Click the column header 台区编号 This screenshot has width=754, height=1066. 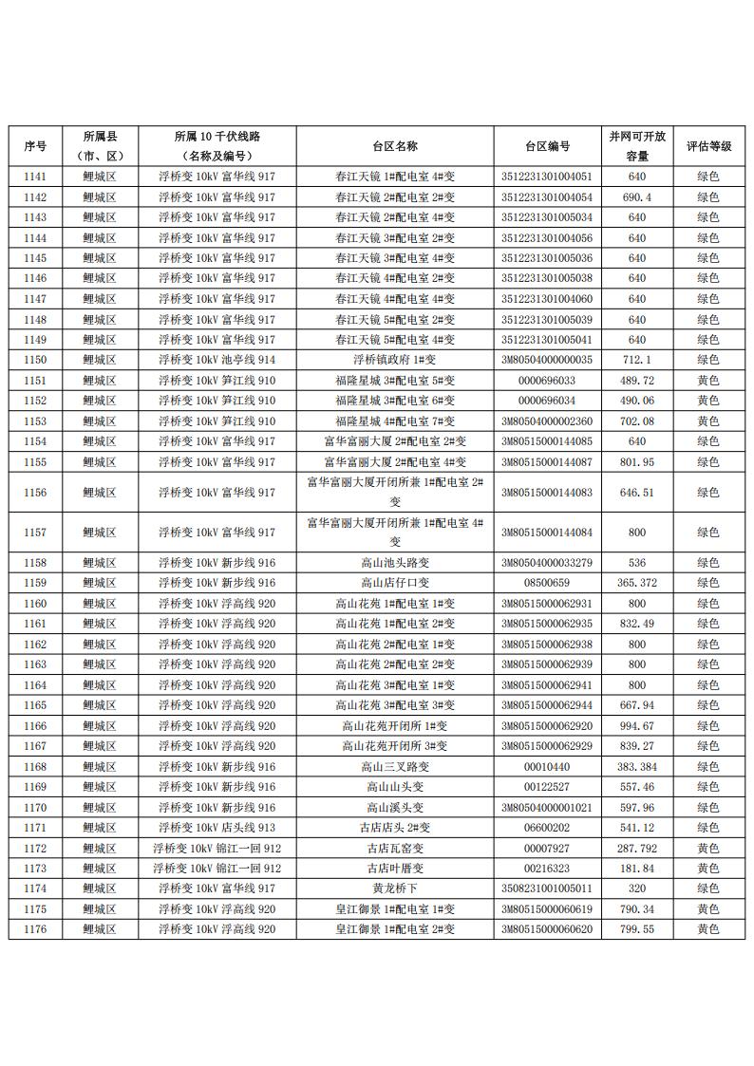click(547, 146)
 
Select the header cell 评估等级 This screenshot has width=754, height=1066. click(708, 146)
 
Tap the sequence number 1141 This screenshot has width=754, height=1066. click(35, 177)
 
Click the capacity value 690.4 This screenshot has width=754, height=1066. click(636, 197)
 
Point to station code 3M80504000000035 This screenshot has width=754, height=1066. click(547, 360)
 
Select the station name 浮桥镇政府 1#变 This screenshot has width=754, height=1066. click(395, 360)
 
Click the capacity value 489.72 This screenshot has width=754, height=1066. click(636, 381)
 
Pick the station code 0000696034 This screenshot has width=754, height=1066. click(547, 401)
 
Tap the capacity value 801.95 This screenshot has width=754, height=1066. click(636, 462)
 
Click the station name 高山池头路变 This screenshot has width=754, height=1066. click(395, 563)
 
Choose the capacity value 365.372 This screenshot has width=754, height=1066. click(636, 583)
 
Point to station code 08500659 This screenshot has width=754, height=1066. click(547, 583)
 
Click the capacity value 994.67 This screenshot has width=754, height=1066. click(636, 726)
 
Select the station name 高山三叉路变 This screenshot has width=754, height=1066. click(395, 767)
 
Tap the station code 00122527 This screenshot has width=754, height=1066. click(547, 787)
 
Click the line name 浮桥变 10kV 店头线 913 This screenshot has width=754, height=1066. click(217, 828)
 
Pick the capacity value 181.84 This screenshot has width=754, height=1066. click(636, 869)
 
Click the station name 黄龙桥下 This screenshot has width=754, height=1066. click(395, 888)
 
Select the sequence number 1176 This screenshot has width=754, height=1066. click(35, 929)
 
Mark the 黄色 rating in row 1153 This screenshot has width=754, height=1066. click(708, 421)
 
